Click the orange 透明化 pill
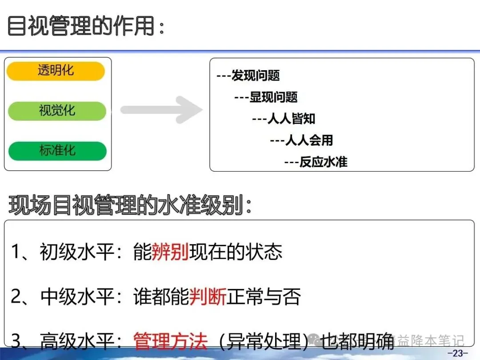point(56,71)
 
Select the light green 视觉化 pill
point(57,111)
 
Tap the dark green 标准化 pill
point(57,151)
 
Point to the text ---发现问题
point(248,76)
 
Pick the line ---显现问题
point(266,97)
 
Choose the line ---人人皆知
point(284,119)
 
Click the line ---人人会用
point(301,140)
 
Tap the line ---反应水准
point(316,162)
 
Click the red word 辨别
point(170,252)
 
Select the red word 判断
point(208,296)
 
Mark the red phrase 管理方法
point(171,341)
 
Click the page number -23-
point(457,353)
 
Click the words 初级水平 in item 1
point(77,252)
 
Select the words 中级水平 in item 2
point(77,296)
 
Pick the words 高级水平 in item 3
point(77,341)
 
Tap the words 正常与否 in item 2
point(264,296)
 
